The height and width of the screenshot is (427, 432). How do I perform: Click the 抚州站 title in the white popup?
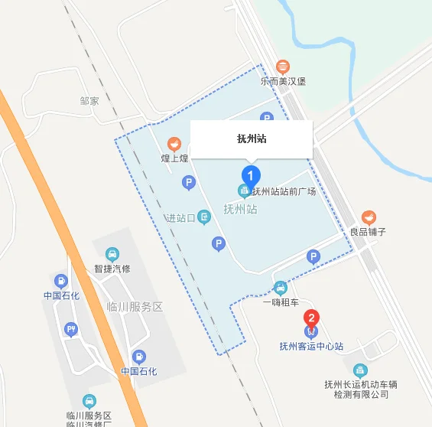point(252,139)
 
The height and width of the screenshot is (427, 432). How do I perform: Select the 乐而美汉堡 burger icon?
point(284,67)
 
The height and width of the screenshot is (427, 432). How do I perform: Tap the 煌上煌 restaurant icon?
point(174,144)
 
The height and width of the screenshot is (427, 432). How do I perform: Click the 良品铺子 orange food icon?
point(369,217)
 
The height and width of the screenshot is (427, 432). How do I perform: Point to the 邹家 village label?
point(89,100)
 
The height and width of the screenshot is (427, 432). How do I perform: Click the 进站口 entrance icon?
point(204,217)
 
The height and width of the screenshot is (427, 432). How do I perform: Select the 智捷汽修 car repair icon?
point(112,254)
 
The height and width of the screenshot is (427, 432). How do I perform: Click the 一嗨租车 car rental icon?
point(281,288)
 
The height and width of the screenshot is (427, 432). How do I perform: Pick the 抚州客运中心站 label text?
point(311,347)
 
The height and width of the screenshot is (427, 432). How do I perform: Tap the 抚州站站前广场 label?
point(283,191)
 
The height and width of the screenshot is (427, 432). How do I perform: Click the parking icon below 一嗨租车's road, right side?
point(313,257)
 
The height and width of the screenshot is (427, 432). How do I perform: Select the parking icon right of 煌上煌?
point(189,182)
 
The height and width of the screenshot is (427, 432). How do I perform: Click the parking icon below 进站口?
point(219,244)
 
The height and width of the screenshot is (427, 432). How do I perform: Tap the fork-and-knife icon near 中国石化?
point(71,330)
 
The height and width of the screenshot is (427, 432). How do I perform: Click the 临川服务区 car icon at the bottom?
point(89,400)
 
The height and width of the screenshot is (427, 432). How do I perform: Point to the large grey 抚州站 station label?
point(240,208)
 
